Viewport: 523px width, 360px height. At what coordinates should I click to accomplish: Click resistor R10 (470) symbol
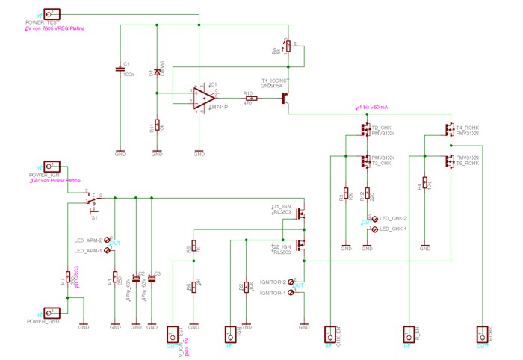[251, 99]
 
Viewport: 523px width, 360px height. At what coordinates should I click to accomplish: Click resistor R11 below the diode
[157, 125]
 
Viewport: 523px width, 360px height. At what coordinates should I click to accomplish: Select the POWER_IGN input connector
[52, 167]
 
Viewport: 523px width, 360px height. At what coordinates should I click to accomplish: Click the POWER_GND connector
[52, 313]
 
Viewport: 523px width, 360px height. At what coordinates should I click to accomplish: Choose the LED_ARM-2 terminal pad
[108, 240]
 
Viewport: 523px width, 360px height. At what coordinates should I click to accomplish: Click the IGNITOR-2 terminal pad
[290, 282]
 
